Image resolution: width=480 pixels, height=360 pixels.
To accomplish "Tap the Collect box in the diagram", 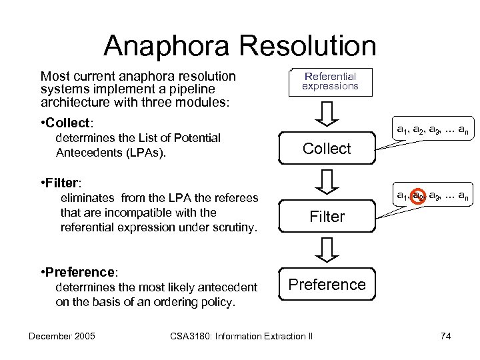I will click(327, 149).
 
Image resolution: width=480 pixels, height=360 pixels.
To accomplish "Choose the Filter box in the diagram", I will click(327, 217).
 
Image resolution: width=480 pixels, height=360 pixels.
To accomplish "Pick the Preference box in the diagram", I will click(327, 285).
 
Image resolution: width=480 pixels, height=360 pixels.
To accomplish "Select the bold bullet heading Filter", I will click(64, 181).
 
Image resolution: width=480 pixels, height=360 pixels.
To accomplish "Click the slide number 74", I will click(446, 336).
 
